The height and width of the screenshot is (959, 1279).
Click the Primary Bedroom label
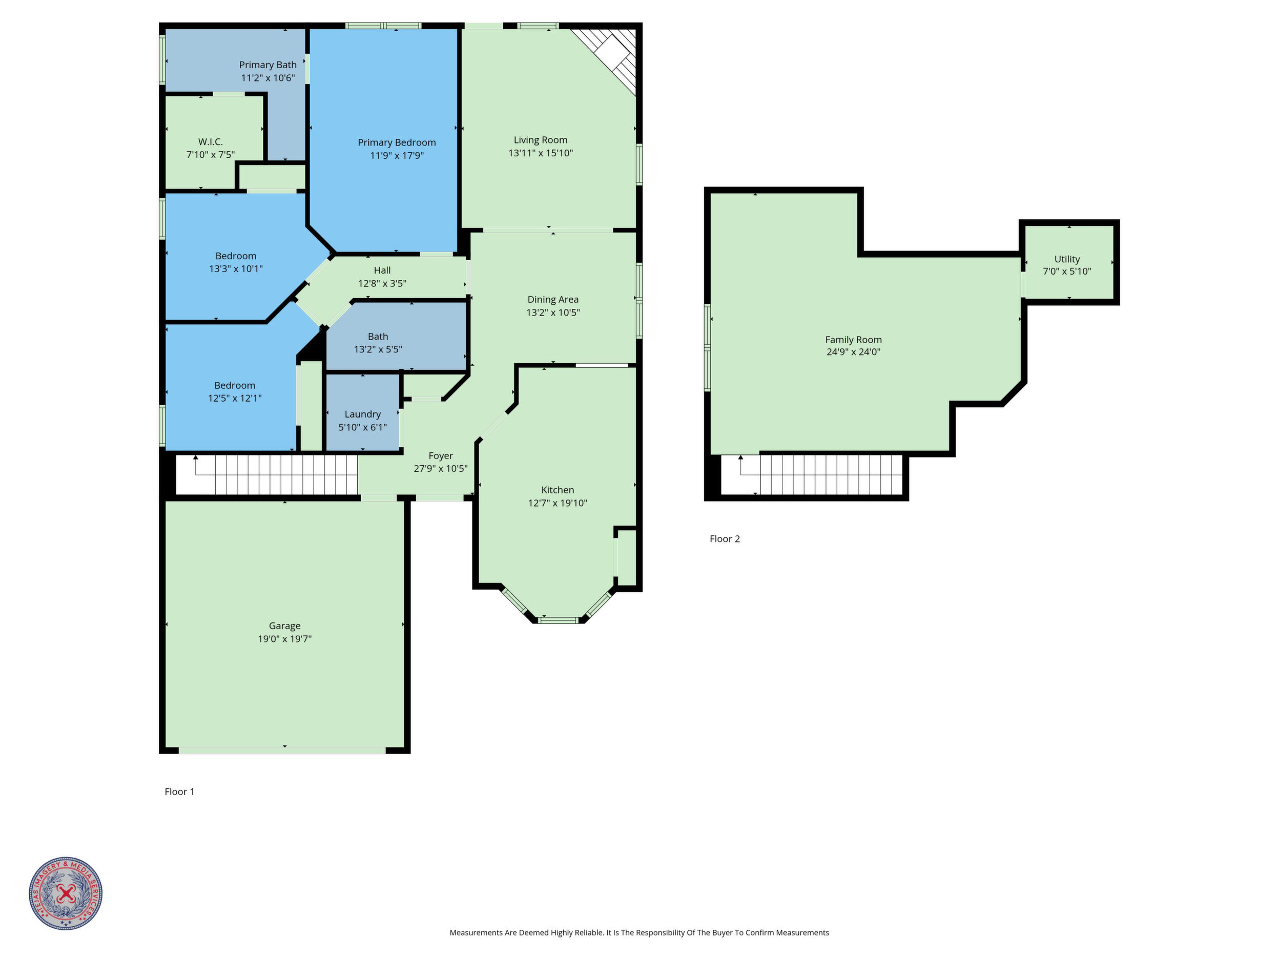(x=397, y=143)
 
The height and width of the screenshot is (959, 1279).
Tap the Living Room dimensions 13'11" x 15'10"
(x=541, y=153)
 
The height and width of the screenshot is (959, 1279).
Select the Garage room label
(x=284, y=626)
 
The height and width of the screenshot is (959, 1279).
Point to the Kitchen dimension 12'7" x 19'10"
(x=558, y=503)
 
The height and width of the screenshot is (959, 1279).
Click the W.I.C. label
(x=211, y=141)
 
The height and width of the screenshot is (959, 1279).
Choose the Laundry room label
(x=363, y=414)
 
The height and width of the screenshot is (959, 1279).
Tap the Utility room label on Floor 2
(x=1067, y=260)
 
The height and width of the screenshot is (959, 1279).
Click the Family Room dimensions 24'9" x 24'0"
(x=854, y=352)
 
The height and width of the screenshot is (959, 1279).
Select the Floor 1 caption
(x=179, y=792)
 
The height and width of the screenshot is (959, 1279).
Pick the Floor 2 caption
(x=725, y=539)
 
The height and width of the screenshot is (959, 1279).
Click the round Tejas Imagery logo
(x=66, y=893)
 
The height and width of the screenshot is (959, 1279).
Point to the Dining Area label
(x=553, y=300)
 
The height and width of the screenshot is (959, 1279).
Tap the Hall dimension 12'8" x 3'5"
(x=382, y=283)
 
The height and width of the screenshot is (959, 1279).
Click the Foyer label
(x=441, y=456)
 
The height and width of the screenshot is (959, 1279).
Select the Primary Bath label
(x=267, y=65)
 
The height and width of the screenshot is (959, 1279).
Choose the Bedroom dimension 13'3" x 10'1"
(x=236, y=269)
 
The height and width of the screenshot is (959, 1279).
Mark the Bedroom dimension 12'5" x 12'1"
(x=235, y=398)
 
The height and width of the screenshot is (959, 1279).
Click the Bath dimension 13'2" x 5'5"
(x=378, y=349)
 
